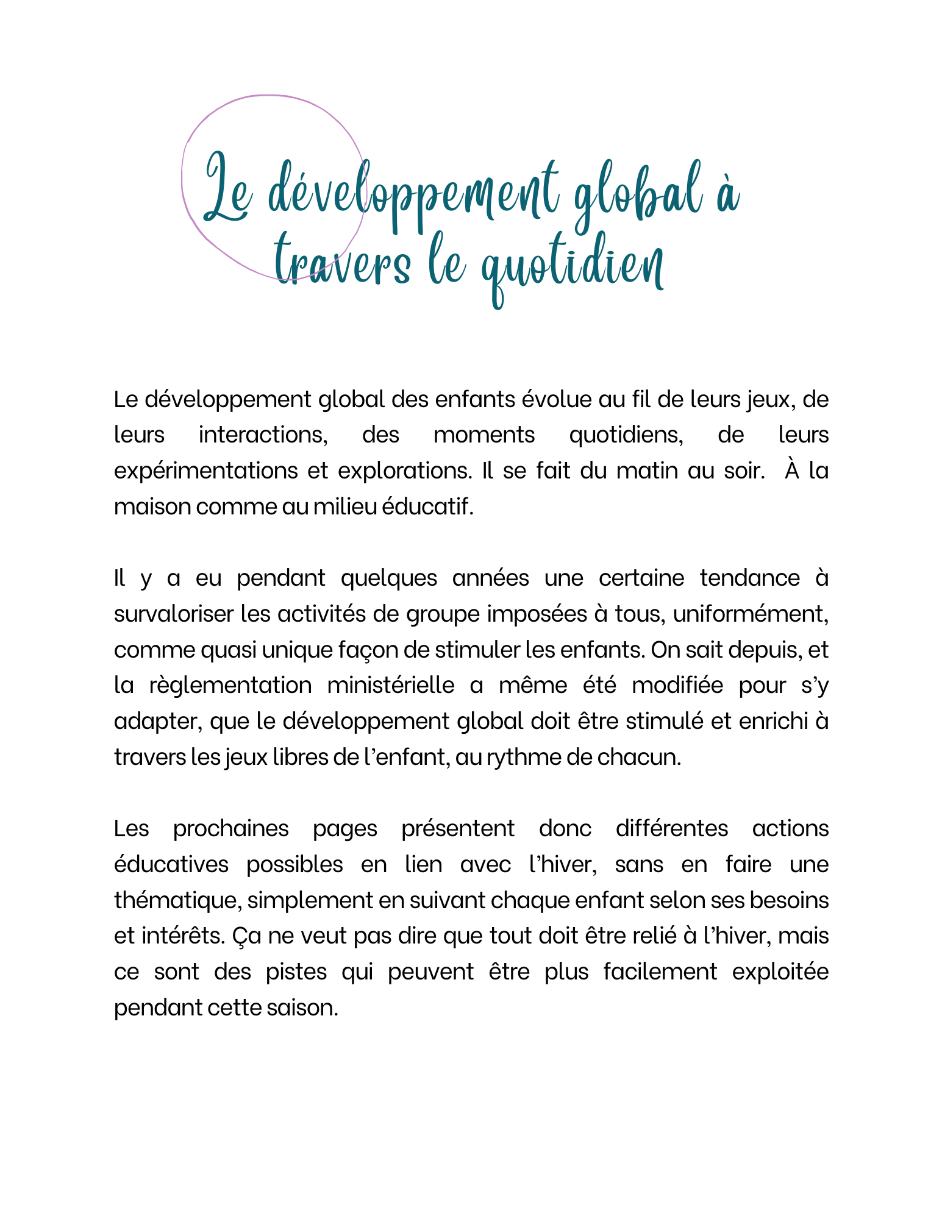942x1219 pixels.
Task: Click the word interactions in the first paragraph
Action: [263, 435]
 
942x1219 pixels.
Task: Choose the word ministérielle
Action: [390, 685]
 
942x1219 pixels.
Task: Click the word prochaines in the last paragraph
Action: [230, 828]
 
